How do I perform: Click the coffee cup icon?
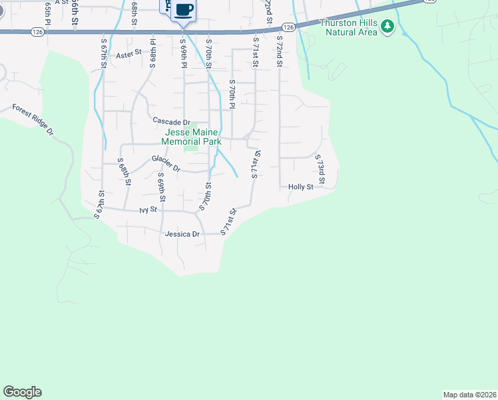click(184, 10)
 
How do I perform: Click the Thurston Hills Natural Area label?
click(348, 27)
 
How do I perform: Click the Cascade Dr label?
click(171, 121)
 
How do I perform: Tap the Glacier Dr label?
click(166, 163)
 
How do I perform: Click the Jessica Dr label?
click(182, 234)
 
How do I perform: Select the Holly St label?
click(300, 187)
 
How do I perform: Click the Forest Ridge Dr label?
click(32, 119)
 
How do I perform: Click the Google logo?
click(22, 392)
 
